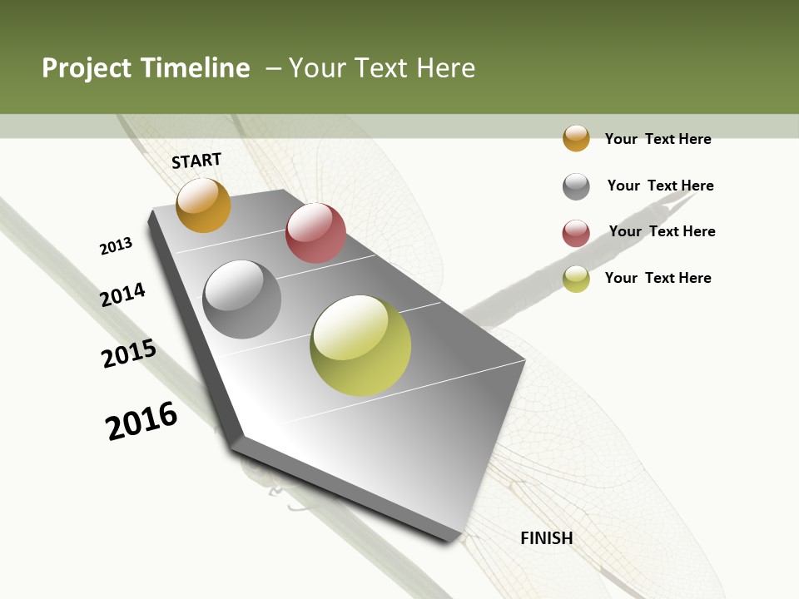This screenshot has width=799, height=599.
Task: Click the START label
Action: [196, 161]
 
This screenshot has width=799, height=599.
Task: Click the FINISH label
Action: [547, 538]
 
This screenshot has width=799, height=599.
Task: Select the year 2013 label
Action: [116, 246]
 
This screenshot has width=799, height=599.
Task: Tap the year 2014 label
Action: [122, 295]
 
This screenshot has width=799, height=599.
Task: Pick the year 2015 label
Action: [128, 354]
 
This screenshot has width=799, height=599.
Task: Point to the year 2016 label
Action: [141, 420]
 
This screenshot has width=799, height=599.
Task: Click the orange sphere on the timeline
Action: [203, 205]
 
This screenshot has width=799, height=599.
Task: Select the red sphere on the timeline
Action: [315, 233]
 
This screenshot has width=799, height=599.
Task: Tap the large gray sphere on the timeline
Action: [242, 299]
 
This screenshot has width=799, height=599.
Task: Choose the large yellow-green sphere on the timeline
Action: [360, 345]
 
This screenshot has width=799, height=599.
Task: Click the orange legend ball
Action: [576, 138]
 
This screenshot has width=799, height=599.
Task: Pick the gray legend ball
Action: [576, 186]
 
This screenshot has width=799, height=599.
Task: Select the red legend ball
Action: [576, 233]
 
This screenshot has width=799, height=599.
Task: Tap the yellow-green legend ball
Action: [576, 279]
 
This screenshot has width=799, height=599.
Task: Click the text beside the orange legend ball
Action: [658, 139]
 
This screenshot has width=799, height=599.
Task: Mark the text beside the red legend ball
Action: [662, 231]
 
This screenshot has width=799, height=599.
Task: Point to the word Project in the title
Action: [87, 68]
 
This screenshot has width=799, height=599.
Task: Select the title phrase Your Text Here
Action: [382, 68]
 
